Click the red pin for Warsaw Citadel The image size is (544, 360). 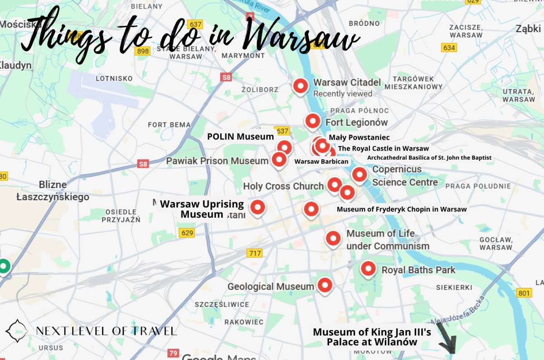300,86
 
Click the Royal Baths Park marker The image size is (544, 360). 368,269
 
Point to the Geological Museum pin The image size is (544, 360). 325,285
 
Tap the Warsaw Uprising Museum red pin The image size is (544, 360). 258,208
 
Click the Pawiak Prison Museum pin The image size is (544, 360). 278,160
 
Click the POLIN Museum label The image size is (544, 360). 240,136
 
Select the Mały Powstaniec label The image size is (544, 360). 359,137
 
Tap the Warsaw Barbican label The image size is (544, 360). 321,161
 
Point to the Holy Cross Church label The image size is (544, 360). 283,186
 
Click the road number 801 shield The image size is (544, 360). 524,293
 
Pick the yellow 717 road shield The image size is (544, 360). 255,253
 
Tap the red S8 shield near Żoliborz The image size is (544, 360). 226,77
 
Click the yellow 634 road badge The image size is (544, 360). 449,48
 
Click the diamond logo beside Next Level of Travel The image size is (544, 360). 17,331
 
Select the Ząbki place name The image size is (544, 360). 528,29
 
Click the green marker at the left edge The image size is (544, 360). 4,266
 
